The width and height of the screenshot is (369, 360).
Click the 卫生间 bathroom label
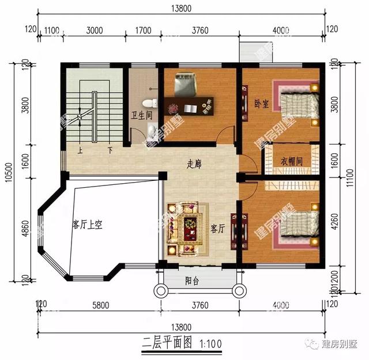tap(141, 115)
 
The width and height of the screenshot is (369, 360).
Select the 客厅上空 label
tap(87, 225)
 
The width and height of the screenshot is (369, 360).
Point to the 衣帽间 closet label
tap(292, 161)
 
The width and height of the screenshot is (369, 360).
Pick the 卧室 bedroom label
tap(261, 104)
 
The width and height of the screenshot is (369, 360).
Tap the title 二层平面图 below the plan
tap(167, 343)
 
